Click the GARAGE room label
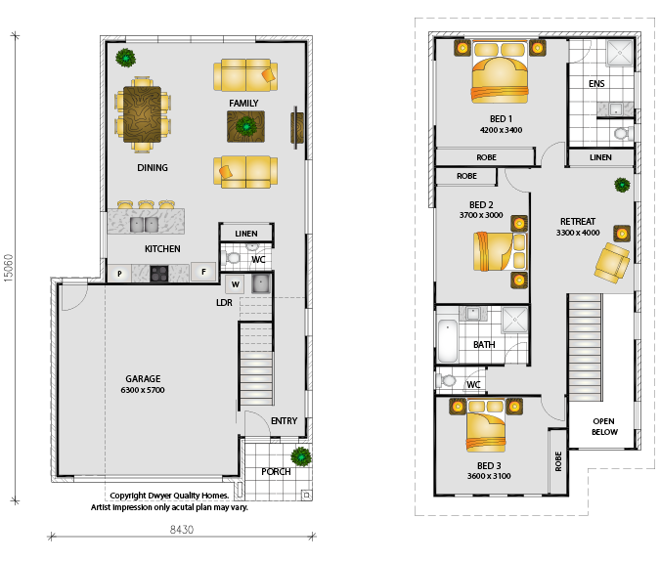pyautogui.click(x=143, y=378)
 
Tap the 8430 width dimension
pyautogui.click(x=182, y=529)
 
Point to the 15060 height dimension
pyautogui.click(x=9, y=268)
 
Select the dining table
pyautogui.click(x=143, y=114)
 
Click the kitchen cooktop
pyautogui.click(x=159, y=274)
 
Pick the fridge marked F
pyautogui.click(x=203, y=272)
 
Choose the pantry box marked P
pyautogui.click(x=119, y=274)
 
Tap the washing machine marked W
pyautogui.click(x=236, y=284)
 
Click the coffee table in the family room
pyautogui.click(x=245, y=126)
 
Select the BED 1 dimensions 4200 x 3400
pyautogui.click(x=501, y=130)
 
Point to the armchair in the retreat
pyautogui.click(x=611, y=263)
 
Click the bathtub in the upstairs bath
pyautogui.click(x=448, y=341)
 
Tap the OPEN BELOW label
pyautogui.click(x=604, y=426)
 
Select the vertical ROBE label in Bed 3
pyautogui.click(x=558, y=461)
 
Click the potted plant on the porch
pyautogui.click(x=301, y=456)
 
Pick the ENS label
pyautogui.click(x=596, y=84)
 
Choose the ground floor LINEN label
pyautogui.click(x=246, y=234)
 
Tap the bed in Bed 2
pyautogui.click(x=500, y=251)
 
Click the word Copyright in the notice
pyautogui.click(x=128, y=496)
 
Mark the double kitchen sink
pyautogui.click(x=144, y=225)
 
